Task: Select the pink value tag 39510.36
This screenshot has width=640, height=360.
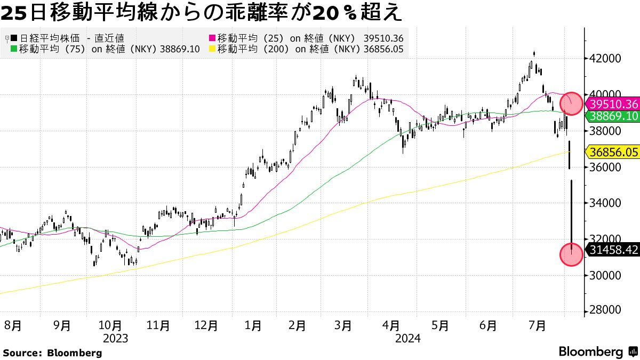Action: [612, 104]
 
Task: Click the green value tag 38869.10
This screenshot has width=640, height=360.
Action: [612, 116]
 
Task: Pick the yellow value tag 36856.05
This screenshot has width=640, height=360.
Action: [612, 152]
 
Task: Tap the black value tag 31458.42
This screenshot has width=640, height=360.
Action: [612, 250]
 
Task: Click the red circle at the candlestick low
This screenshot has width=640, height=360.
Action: [571, 255]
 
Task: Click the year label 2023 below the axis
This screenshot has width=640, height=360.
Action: [116, 338]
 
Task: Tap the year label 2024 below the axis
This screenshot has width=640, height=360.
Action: [408, 338]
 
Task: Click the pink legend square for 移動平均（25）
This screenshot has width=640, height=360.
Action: [212, 38]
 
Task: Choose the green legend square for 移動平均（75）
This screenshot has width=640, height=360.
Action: [14, 49]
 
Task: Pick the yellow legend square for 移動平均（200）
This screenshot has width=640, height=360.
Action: [212, 49]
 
